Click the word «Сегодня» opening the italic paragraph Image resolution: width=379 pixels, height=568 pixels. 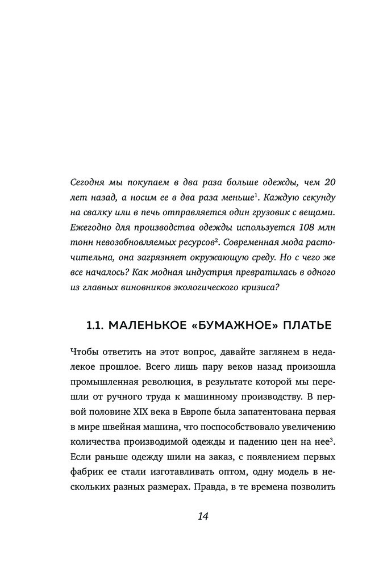coord(88,183)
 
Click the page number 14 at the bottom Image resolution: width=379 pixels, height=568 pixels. coord(203,516)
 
